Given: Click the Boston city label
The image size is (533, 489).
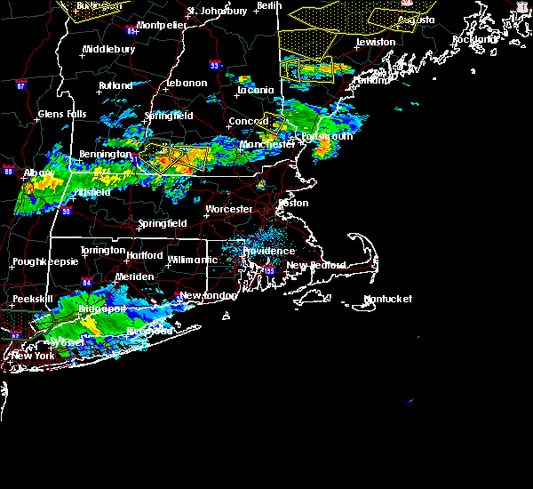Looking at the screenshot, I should (293, 203).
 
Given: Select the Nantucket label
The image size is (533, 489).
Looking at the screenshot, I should (388, 300).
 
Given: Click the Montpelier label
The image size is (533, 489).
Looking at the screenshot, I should (162, 25).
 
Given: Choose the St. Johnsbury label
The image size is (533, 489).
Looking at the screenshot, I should (217, 12).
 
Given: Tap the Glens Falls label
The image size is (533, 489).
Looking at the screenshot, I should (62, 114).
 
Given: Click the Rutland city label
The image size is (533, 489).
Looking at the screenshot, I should (115, 86).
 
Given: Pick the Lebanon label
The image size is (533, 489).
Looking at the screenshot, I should (187, 84).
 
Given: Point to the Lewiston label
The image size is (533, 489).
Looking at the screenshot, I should (375, 42).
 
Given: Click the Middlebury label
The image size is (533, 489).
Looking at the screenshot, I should (108, 50).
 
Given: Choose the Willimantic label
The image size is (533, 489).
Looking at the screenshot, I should (192, 260).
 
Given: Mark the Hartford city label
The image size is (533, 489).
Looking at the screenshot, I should (144, 255).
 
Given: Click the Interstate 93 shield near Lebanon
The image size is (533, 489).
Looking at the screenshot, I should (214, 65).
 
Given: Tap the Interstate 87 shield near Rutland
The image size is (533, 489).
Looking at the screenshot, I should (21, 85).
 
